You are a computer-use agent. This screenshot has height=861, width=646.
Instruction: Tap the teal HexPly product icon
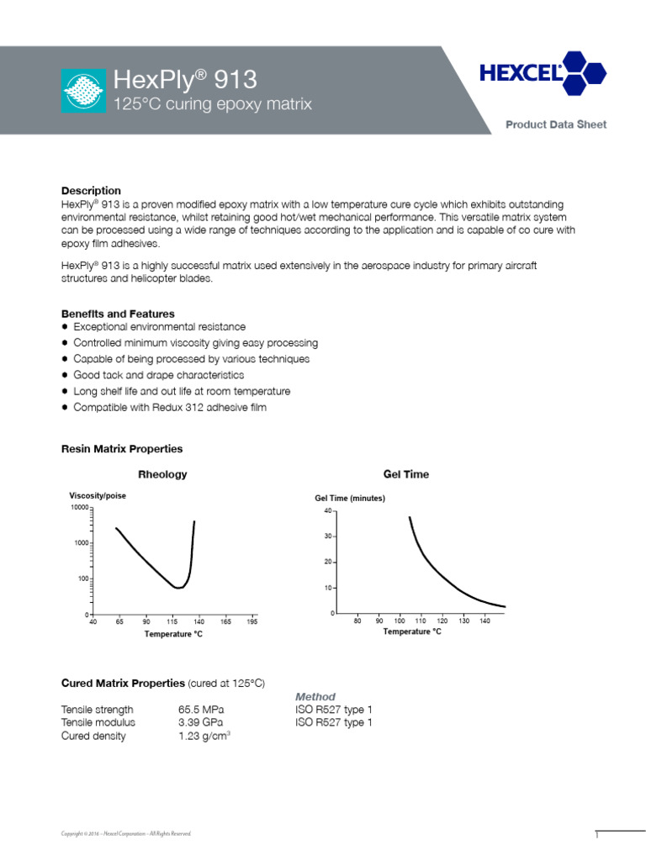pos(84,91)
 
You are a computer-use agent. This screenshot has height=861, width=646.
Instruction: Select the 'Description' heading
pos(91,191)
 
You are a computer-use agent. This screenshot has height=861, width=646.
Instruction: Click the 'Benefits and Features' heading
pos(119,314)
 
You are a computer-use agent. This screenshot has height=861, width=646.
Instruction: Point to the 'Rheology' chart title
pos(161,474)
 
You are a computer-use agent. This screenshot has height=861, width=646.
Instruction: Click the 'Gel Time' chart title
pos(405,474)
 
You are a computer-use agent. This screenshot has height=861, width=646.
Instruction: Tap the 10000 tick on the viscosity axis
pos(78,508)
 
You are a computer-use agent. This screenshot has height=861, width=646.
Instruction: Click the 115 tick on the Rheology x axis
pos(172,622)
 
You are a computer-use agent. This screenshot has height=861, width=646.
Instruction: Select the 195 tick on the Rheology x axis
pos(252,622)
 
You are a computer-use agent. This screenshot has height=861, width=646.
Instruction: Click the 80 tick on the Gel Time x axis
pos(357,621)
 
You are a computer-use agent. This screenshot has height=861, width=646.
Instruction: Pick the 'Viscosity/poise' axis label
pos(97,496)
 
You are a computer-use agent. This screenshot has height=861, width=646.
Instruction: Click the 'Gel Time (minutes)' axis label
pos(350,499)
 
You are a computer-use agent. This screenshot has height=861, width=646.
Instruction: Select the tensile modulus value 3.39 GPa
pos(201,722)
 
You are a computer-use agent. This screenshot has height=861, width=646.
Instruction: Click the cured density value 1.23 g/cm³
pos(204,736)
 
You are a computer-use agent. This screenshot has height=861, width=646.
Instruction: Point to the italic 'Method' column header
pos(315,697)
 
